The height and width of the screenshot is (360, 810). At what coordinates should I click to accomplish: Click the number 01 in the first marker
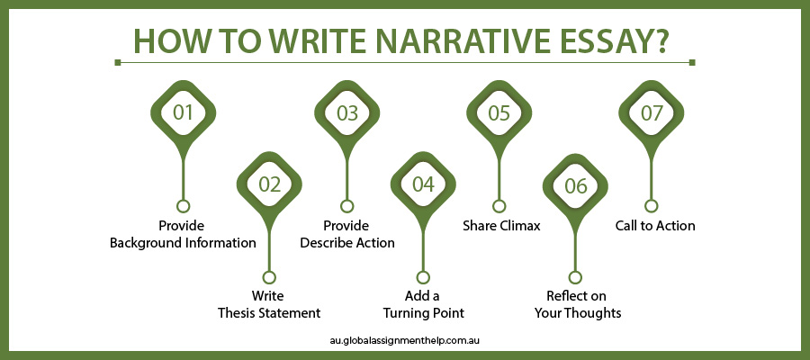(183, 113)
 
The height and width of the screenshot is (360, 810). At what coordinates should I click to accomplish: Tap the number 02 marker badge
(269, 184)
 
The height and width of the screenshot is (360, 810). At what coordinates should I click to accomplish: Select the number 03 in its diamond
(347, 113)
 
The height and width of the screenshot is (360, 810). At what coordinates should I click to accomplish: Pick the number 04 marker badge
(423, 184)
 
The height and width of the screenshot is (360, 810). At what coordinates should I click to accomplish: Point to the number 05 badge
(499, 113)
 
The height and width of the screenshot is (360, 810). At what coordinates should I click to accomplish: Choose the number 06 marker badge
(575, 184)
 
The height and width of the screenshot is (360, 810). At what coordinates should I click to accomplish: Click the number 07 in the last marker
(652, 113)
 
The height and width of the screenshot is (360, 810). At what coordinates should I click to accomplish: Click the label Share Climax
(501, 226)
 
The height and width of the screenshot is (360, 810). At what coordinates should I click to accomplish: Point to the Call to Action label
(655, 226)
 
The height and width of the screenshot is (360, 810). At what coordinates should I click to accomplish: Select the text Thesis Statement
(269, 313)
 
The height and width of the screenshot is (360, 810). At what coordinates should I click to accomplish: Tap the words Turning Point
(423, 313)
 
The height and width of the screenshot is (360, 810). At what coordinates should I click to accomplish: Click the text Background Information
(183, 243)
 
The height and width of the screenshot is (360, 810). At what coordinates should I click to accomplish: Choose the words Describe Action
(347, 243)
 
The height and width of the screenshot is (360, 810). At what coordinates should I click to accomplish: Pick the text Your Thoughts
(578, 313)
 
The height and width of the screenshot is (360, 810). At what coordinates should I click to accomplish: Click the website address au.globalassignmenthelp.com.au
(405, 341)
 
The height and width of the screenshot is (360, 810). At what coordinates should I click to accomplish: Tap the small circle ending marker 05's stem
(499, 206)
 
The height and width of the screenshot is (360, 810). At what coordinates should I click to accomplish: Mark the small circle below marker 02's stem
(269, 277)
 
